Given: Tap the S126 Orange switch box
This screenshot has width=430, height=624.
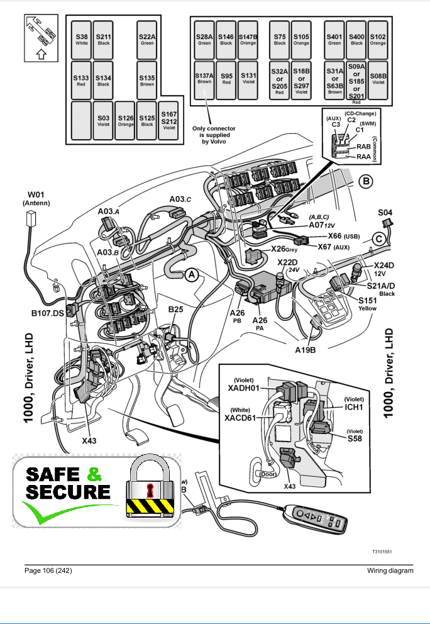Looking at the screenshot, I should point(125,120).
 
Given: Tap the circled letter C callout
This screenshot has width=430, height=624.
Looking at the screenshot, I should point(378,238).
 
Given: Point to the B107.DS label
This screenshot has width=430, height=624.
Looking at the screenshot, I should point(47,313).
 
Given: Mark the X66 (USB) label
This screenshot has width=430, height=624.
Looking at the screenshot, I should point(343,236).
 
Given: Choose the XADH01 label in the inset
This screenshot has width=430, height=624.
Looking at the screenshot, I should point(243,388).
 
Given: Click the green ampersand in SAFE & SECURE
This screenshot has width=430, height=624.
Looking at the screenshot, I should point(94,474).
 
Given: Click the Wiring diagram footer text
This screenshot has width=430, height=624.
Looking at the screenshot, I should point(390,571).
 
